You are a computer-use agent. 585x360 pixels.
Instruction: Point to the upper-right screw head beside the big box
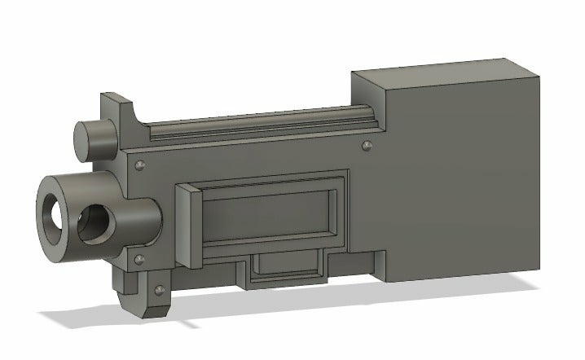click(367, 146)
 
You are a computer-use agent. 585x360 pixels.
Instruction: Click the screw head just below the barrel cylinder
click(139, 258)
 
